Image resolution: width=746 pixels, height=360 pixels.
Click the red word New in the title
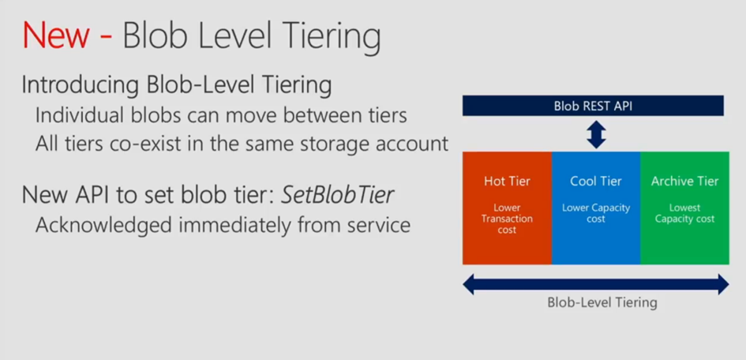click(56, 36)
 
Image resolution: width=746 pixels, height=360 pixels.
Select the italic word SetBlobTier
click(337, 194)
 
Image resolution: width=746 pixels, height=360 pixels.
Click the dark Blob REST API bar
click(593, 106)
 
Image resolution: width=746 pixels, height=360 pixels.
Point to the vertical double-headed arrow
click(596, 133)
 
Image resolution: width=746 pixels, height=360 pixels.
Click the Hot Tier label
click(507, 182)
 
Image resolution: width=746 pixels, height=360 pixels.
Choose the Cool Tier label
click(596, 182)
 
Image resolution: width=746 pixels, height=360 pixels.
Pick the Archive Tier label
click(684, 182)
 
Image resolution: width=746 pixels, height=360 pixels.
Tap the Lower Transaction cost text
click(507, 219)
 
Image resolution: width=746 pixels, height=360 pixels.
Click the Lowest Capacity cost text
click(684, 213)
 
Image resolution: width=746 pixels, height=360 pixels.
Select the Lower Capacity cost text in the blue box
click(596, 213)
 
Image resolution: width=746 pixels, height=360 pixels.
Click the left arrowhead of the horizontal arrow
click(469, 284)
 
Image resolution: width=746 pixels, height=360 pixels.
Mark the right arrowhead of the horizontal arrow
click(723, 284)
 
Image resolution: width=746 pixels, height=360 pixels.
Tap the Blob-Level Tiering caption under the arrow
click(602, 303)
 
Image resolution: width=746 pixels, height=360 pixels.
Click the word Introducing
click(81, 86)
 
